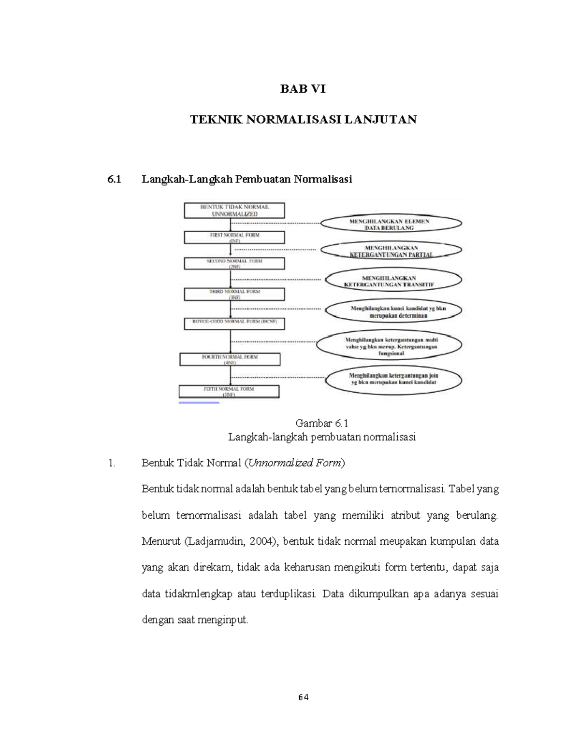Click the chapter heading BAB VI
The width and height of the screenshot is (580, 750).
click(x=303, y=89)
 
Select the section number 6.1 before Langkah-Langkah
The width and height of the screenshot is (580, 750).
click(x=114, y=179)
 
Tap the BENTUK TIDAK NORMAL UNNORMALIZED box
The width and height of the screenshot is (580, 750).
click(x=235, y=210)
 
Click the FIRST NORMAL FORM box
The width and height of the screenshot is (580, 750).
click(x=235, y=237)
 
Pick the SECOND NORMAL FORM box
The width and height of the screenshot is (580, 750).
click(x=235, y=263)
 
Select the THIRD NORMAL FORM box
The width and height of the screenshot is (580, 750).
click(x=235, y=294)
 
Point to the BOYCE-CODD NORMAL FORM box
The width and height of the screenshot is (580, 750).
click(x=235, y=324)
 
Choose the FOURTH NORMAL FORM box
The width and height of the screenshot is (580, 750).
click(x=230, y=359)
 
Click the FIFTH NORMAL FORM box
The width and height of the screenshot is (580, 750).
click(x=229, y=391)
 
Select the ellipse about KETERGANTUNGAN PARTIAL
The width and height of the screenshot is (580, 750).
click(x=391, y=251)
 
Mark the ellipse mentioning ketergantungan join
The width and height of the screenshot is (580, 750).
click(x=393, y=378)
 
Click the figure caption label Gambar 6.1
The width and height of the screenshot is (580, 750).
click(x=322, y=424)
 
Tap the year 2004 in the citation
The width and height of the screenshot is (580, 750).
click(x=261, y=541)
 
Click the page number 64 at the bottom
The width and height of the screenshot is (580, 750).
click(x=303, y=697)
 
